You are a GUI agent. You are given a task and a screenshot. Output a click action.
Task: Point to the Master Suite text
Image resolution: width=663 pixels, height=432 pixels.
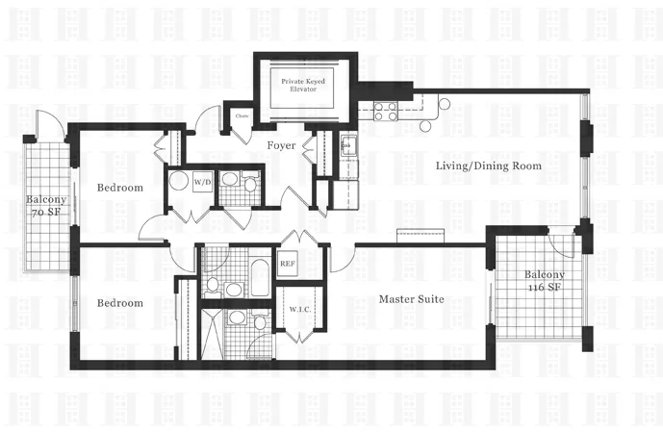pos(411,299)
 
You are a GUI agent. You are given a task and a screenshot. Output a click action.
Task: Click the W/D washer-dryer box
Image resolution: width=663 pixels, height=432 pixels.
pos(202,181)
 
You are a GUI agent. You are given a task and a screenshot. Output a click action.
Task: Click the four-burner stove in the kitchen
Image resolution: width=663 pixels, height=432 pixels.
pos(386,111)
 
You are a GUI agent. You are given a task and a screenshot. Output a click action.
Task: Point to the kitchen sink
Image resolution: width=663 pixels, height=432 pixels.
pos(351,149)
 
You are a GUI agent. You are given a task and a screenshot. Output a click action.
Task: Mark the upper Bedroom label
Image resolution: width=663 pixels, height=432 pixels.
pos(120,188)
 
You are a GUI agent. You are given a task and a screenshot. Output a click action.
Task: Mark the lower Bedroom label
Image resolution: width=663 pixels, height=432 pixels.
pos(120,303)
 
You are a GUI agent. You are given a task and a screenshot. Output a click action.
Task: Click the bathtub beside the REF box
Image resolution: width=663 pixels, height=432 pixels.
pos(258,275)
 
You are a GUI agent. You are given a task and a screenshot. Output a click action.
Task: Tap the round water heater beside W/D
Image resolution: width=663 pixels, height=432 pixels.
pos(178,182)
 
